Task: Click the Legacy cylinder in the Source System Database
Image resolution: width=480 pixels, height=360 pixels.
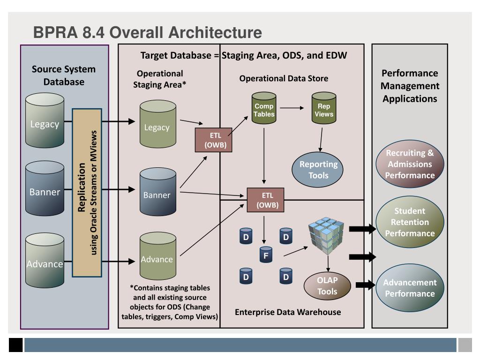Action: tap(45, 120)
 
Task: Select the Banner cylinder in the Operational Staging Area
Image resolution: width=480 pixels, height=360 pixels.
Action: tap(158, 192)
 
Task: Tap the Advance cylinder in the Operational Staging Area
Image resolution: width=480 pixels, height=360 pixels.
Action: tap(158, 256)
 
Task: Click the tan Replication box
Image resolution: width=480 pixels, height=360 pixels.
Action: tap(87, 193)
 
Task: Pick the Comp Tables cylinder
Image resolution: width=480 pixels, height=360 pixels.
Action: tap(264, 108)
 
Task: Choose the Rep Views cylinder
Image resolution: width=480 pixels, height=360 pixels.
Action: tap(324, 108)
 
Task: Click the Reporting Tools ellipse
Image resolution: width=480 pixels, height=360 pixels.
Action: tap(317, 170)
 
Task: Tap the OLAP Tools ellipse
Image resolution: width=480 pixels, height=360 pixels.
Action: tap(327, 285)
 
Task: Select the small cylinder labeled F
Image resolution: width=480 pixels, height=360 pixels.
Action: tap(266, 255)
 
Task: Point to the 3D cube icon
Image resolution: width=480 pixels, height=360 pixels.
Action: tap(326, 236)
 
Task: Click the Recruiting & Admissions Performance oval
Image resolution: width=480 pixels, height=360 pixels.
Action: tap(410, 164)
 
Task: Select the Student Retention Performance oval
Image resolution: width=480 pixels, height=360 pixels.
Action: tap(410, 222)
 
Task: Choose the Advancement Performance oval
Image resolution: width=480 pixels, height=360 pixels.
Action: tap(410, 288)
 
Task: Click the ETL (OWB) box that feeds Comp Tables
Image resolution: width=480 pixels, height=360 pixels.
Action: tap(213, 140)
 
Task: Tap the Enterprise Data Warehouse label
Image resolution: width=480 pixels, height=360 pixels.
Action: tap(288, 312)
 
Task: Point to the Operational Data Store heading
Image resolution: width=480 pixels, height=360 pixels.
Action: tap(284, 78)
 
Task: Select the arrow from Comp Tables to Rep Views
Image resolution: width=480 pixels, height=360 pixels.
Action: tap(292, 108)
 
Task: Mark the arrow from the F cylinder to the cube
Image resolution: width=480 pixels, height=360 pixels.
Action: tap(296, 251)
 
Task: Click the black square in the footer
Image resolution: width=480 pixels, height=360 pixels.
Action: tap(15, 345)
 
